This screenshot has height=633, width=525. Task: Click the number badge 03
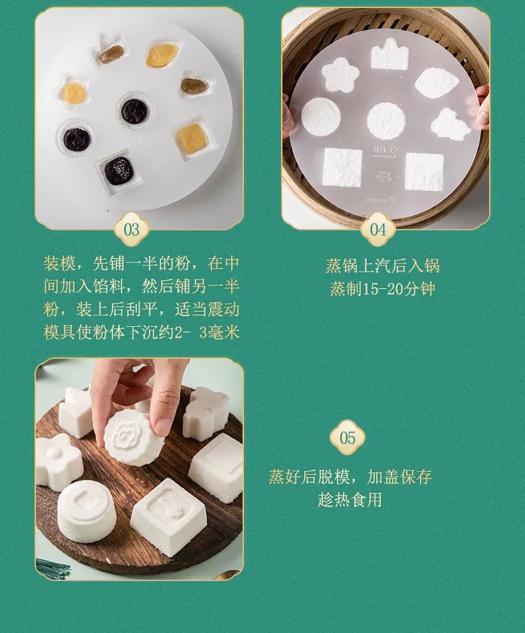click(132, 230)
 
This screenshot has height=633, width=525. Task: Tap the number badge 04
click(377, 230)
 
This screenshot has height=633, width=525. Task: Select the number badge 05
click(348, 437)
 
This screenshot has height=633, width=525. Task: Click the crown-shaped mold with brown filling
click(110, 52)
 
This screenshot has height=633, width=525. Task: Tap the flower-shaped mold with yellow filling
click(74, 93)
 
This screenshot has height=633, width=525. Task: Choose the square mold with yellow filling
click(192, 137)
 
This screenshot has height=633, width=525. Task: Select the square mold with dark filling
click(118, 171)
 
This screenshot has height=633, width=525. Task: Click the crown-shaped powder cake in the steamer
click(389, 55)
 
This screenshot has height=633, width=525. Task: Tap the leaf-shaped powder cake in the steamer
click(437, 82)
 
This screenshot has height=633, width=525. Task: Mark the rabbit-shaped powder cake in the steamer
click(451, 124)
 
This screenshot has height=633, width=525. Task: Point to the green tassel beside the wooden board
click(52, 568)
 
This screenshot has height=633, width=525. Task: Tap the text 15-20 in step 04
click(382, 289)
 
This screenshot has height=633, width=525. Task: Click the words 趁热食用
click(350, 500)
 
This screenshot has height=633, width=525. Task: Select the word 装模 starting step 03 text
click(60, 263)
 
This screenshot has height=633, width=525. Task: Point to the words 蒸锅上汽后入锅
click(382, 266)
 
